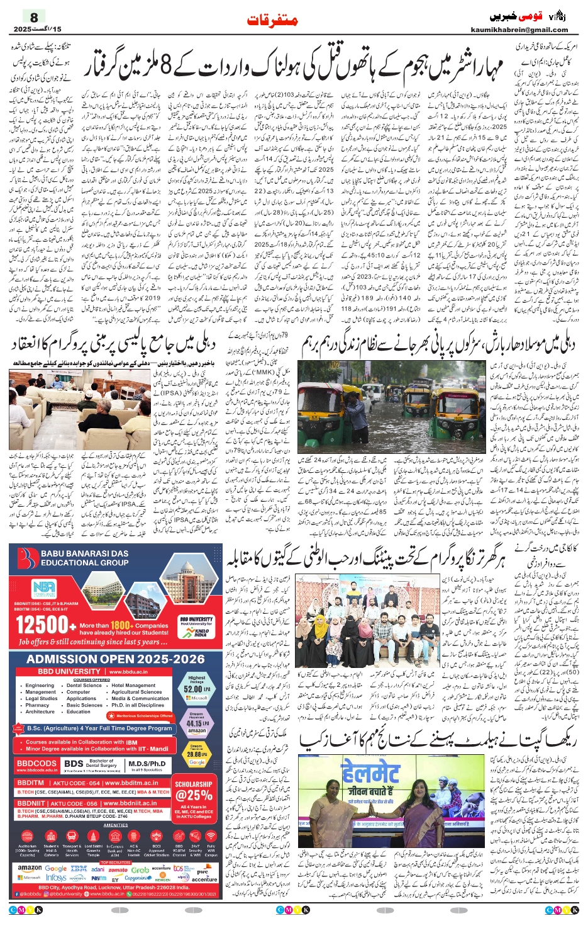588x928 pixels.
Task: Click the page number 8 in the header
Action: click(x=34, y=17)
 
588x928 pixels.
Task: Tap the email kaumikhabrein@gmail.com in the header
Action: click(x=519, y=30)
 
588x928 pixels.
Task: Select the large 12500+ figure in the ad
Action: click(x=42, y=625)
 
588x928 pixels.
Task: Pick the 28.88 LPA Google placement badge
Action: click(x=196, y=754)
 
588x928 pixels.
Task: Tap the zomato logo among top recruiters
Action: click(x=118, y=869)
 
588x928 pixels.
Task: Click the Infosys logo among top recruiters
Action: click(x=56, y=877)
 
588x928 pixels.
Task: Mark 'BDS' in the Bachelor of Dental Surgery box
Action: click(x=74, y=764)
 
